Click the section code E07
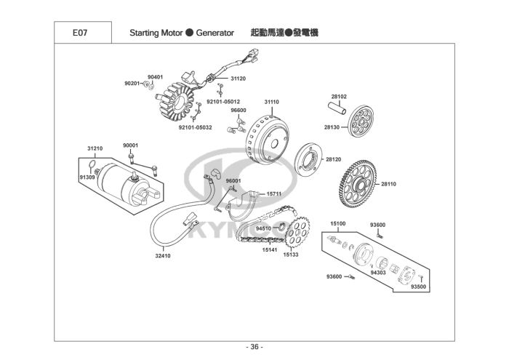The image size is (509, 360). point(80,33)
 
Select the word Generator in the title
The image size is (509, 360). point(215,33)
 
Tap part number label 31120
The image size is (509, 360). point(239,79)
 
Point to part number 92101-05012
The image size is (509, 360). point(223,102)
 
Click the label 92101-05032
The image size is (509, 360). point(195,127)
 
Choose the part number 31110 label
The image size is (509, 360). point(271,102)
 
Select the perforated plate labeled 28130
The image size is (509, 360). point(361,121)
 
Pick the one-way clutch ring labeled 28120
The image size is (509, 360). point(308,160)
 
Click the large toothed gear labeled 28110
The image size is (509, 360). point(358,184)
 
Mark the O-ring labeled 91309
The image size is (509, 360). point(92,165)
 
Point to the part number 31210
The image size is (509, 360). point(95,148)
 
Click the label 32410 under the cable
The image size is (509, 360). point(163,256)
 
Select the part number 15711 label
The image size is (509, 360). point(274,194)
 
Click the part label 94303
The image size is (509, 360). point(378,273)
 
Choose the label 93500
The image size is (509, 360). point(418,287)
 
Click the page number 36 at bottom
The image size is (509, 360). point(254,347)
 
